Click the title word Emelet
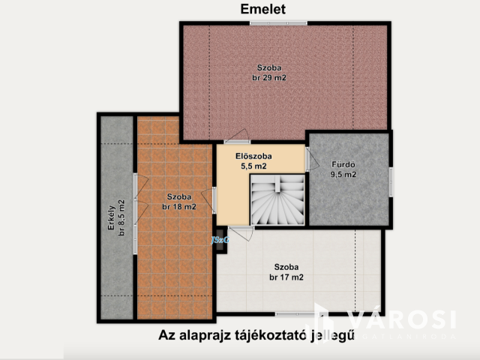263,9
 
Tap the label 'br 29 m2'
269,77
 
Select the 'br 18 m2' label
179,206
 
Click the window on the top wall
278,23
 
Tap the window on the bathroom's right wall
391,183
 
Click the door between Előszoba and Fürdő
308,158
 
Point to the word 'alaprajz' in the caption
208,336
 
